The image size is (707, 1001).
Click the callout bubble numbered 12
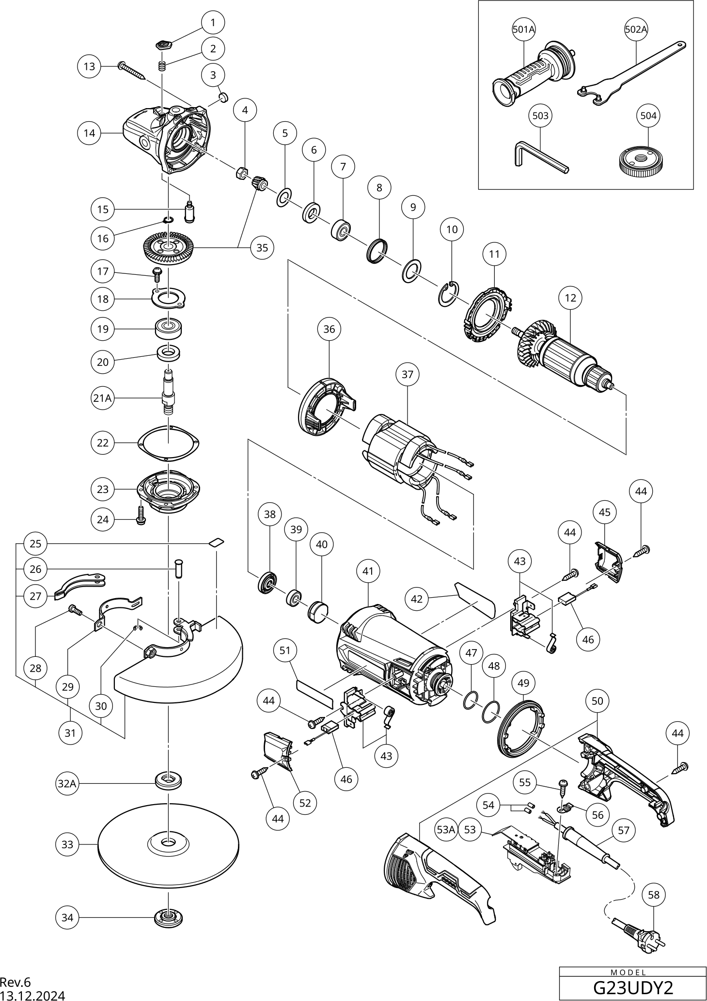(570, 298)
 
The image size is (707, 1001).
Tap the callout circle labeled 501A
(524, 30)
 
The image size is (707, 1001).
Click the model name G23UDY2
(633, 987)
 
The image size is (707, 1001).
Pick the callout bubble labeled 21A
(102, 398)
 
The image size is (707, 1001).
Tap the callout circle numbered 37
(408, 374)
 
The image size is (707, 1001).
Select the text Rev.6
(15, 982)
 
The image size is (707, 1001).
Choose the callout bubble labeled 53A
(446, 829)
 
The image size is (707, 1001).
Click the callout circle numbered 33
(67, 844)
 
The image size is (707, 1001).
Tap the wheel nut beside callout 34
(168, 918)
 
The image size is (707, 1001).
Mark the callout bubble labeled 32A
(67, 783)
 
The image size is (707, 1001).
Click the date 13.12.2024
(32, 995)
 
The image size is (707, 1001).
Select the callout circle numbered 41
(368, 571)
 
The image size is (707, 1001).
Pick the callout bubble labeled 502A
(636, 30)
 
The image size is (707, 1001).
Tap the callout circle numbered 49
(523, 683)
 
